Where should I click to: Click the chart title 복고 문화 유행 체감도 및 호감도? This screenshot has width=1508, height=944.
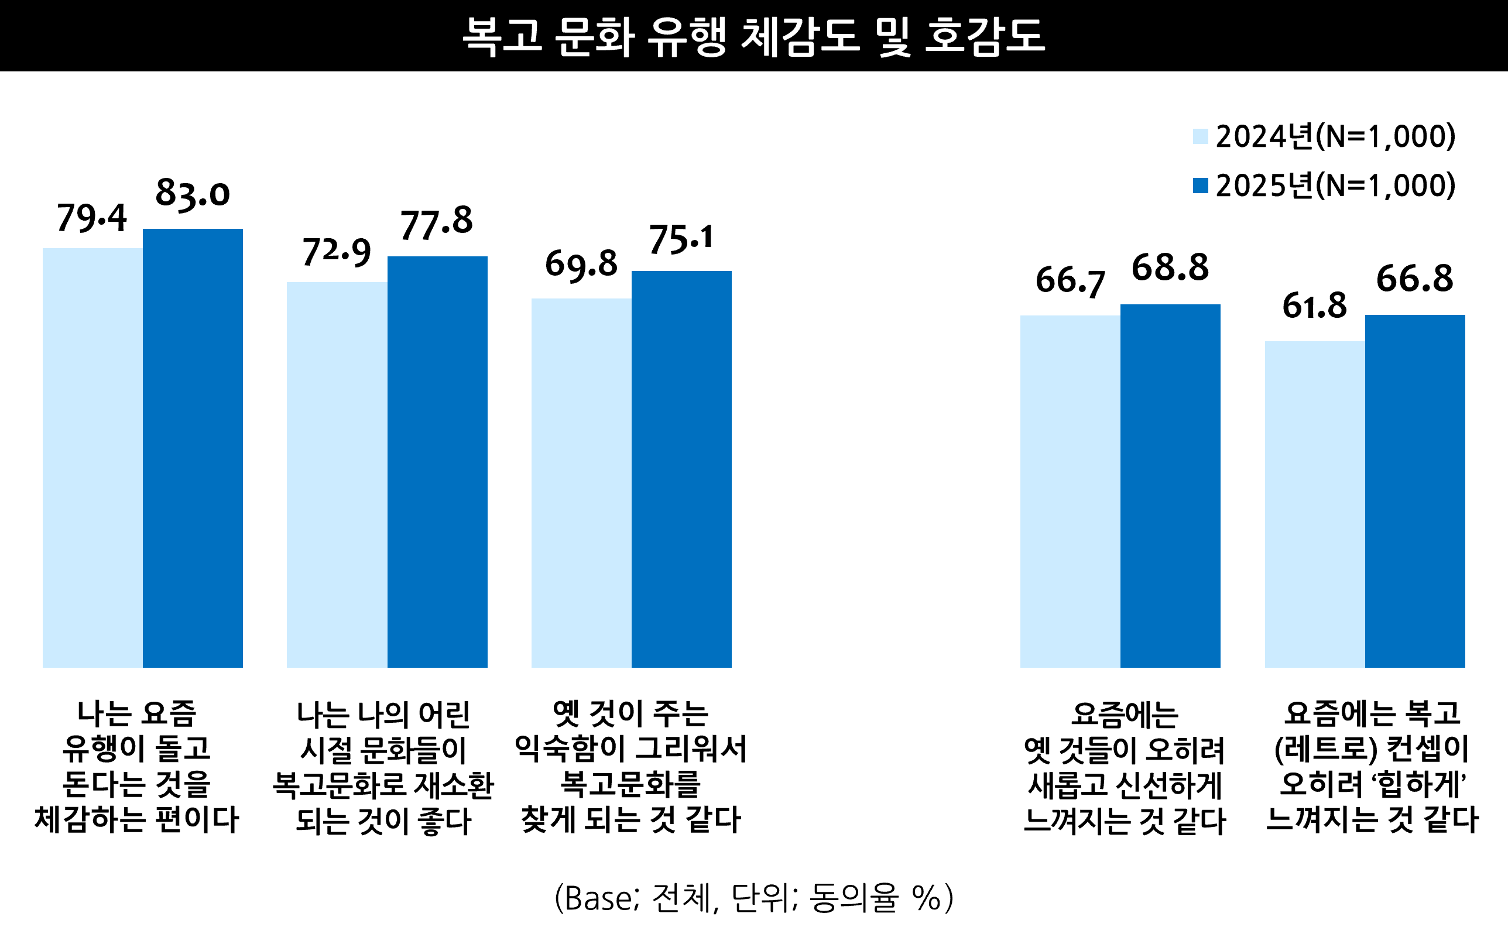click(x=753, y=36)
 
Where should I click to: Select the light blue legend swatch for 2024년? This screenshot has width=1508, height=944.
click(x=1200, y=136)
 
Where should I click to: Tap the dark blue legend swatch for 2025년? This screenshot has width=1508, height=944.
click(x=1200, y=186)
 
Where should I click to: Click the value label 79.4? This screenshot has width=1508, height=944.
click(x=92, y=218)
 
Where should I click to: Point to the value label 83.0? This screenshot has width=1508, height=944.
click(x=193, y=193)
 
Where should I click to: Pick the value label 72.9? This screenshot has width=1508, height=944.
click(x=337, y=252)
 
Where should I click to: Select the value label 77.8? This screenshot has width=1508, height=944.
click(x=437, y=223)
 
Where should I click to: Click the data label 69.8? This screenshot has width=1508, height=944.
click(x=581, y=264)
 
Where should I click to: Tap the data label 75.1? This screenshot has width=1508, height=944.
click(x=681, y=239)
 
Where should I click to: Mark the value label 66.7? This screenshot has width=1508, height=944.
click(x=1070, y=281)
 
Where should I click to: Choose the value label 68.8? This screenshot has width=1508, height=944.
click(x=1170, y=268)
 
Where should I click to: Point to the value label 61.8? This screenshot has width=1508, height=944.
click(x=1314, y=307)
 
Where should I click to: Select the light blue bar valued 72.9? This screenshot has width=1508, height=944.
click(x=337, y=475)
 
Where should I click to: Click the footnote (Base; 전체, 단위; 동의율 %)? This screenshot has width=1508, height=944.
click(x=753, y=898)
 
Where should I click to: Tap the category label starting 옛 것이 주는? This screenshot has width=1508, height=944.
click(x=630, y=766)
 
